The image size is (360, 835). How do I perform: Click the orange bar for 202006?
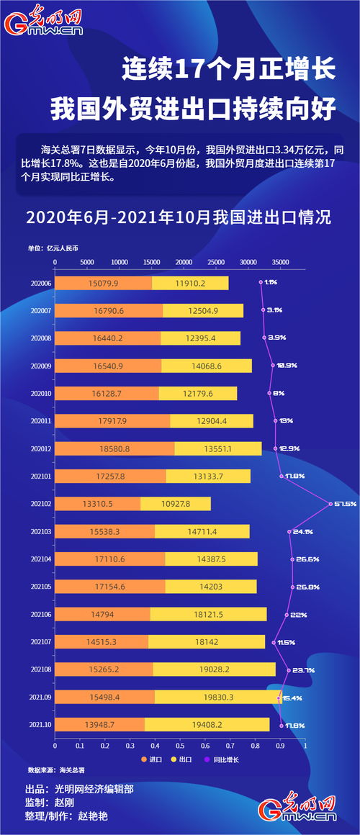click(104, 283)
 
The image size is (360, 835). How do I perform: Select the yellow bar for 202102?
click(176, 504)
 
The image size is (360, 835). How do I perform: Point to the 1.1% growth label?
click(271, 283)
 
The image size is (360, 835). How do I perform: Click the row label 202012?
click(41, 448)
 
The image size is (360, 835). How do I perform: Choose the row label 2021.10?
click(41, 725)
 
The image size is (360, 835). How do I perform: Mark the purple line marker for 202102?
click(330, 504)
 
